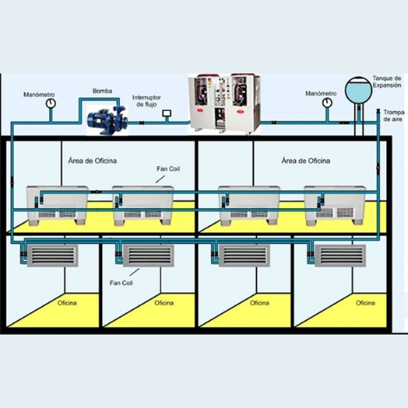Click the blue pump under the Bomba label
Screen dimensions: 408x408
108,120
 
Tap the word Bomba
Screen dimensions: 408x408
102,91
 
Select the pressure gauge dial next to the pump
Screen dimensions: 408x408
51,103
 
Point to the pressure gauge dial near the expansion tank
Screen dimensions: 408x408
327,103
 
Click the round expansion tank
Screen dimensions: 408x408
358,90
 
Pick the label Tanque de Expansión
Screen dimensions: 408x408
387,82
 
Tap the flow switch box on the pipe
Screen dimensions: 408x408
166,113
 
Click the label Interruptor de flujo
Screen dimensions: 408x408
146,101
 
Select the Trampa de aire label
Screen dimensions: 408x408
393,116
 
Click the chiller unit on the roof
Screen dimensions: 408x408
224,104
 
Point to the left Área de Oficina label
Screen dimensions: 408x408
92,161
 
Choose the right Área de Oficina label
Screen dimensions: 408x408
306,161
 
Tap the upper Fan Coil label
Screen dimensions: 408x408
168,169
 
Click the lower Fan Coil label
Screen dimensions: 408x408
121,283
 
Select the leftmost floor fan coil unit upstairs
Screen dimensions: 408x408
57,206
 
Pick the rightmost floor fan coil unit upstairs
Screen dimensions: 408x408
335,206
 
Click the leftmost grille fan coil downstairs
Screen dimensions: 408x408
52,255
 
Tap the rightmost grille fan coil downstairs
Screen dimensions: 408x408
340,255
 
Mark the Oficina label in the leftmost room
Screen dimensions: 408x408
67,303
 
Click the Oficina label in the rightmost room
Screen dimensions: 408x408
366,303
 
